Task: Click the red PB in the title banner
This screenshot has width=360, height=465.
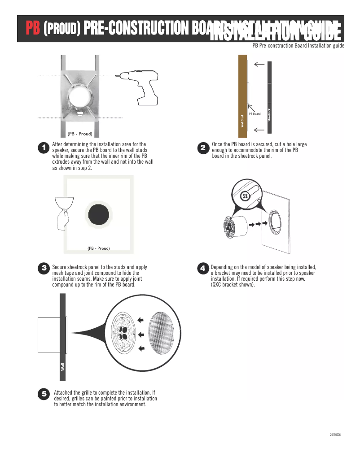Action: coord(32,29)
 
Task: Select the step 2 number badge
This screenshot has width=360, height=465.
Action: coord(203,148)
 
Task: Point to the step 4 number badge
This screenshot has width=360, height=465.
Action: coord(203,268)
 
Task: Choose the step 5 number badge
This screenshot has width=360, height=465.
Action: coord(44,394)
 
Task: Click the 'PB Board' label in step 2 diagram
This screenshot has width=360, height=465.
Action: coord(255,114)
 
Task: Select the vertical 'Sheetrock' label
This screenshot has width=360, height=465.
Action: coord(269,115)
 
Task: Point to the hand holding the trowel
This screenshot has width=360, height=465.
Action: coord(63,220)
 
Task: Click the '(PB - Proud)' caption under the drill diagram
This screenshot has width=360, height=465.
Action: coord(80,134)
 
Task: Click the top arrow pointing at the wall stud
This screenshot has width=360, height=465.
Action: coord(259,65)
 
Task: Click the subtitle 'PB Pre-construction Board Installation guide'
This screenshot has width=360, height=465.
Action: coord(298,46)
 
